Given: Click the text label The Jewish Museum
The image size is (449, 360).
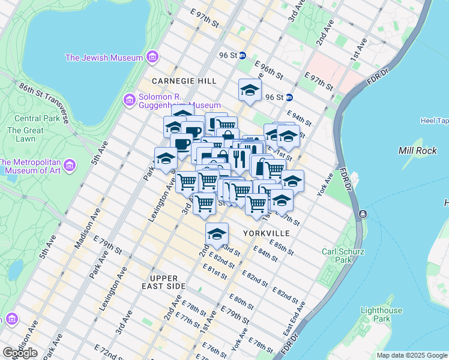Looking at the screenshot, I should (x=104, y=58).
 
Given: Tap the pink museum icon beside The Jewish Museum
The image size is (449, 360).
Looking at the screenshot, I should (x=152, y=58).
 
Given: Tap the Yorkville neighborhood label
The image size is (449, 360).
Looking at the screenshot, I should (x=267, y=233).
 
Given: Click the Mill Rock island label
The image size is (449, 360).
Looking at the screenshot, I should (x=418, y=151).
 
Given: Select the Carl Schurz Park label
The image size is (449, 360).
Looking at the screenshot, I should (x=343, y=256).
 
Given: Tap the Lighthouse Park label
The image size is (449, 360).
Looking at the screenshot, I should (x=381, y=314).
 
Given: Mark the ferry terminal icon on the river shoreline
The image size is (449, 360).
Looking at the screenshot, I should (x=363, y=214).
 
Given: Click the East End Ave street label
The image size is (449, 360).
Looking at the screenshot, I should (x=295, y=317).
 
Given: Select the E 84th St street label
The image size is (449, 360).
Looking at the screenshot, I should (x=265, y=254).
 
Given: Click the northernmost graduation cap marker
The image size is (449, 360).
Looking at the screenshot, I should (x=250, y=91).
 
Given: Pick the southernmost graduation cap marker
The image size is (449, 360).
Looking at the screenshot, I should (x=217, y=233).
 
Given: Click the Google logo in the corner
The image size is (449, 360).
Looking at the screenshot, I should (x=20, y=352).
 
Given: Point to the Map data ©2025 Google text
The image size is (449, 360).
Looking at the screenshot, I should (x=411, y=355).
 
